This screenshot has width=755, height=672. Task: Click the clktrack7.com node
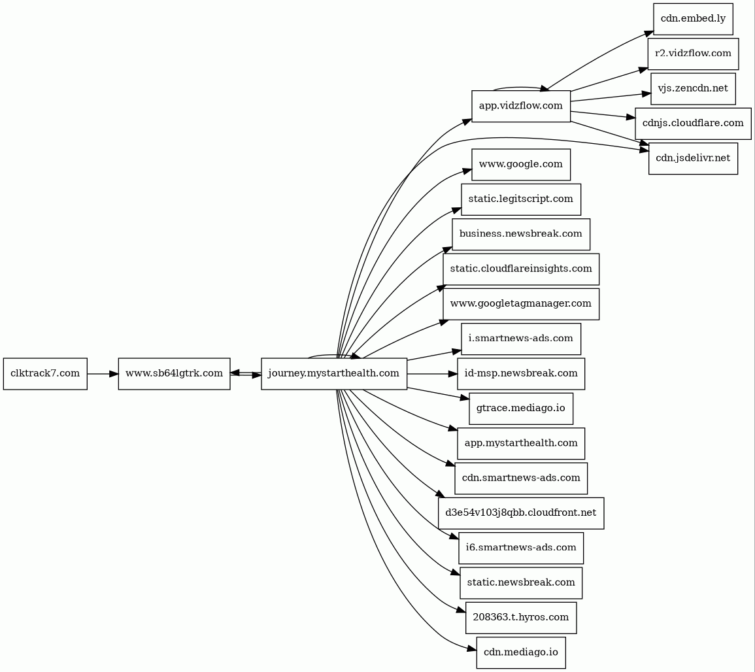[45, 373]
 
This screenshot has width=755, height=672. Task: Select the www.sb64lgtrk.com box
[174, 373]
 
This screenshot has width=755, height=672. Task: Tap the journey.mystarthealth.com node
[334, 373]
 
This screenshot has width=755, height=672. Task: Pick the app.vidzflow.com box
[521, 106]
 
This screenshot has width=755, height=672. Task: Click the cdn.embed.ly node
[693, 18]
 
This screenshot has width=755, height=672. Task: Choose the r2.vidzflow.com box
[693, 54]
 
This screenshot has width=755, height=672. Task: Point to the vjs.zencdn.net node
[693, 88]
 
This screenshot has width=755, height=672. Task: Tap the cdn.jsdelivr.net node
[693, 158]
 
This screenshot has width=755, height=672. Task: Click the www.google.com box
[521, 164]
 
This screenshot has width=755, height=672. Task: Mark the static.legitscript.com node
[521, 199]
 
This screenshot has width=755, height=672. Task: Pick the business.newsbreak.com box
[521, 234]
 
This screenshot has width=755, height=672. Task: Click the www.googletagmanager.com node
[521, 303]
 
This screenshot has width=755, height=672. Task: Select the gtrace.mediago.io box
[521, 408]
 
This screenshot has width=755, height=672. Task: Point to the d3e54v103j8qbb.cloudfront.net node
[521, 512]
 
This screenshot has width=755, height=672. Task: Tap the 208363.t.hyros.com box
[521, 617]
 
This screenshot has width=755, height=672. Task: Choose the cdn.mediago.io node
[521, 652]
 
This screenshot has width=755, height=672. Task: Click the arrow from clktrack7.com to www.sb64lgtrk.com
[102, 373]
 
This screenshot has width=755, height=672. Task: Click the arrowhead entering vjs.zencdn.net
[646, 93]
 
